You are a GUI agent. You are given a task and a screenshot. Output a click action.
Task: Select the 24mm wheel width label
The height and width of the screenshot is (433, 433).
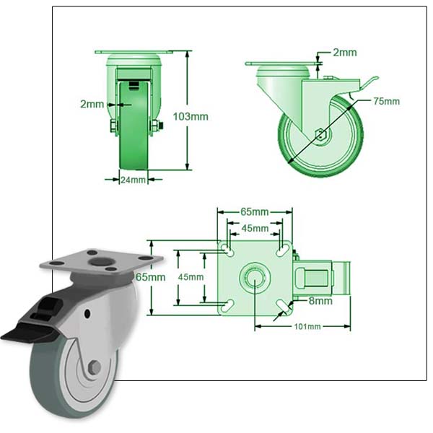pos(134,180)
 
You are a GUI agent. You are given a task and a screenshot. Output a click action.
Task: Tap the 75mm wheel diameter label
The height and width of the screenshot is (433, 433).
pos(386,101)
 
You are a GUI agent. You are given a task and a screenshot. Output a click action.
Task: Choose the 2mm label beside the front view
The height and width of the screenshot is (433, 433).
pos(92,104)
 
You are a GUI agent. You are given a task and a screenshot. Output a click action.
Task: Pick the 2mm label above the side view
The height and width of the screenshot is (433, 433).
pos(344,52)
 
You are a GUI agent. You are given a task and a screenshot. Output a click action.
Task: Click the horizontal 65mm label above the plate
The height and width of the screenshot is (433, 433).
pos(254,212)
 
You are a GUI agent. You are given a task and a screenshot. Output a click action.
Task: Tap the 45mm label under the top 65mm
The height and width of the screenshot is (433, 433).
pos(254,229)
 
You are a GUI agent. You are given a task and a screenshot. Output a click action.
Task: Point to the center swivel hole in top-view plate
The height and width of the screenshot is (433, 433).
pos(255,277)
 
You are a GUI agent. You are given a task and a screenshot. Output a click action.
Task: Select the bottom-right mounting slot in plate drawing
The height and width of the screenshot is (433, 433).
pos(284,307)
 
